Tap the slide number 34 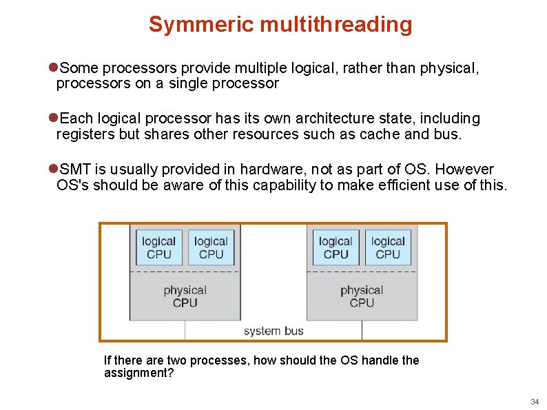[535, 402]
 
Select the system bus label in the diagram [273, 331]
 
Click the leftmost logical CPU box [159, 247]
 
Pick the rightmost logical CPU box [388, 247]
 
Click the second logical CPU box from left [211, 247]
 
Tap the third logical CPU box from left [336, 247]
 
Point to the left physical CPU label [185, 296]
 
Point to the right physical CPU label [362, 296]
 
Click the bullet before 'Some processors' [53, 68]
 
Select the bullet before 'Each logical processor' [53, 119]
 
